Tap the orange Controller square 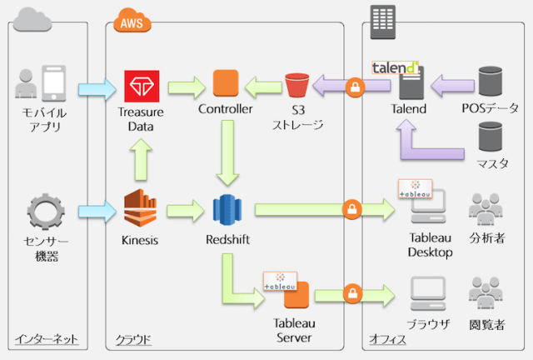[225, 83]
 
